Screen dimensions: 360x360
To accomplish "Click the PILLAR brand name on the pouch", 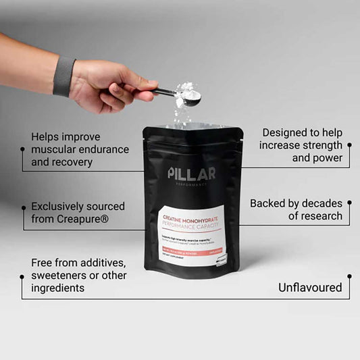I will (x=192, y=173).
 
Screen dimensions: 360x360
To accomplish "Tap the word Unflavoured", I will (x=310, y=288).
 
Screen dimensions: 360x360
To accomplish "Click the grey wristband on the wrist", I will (x=64, y=76).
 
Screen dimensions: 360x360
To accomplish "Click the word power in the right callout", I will (x=327, y=158).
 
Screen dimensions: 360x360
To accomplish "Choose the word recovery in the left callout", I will (x=71, y=162).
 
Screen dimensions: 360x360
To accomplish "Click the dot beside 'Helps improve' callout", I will (x=23, y=150).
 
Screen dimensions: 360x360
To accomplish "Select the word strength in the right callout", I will (x=318, y=145).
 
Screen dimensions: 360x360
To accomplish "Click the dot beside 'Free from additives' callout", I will (x=23, y=276).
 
